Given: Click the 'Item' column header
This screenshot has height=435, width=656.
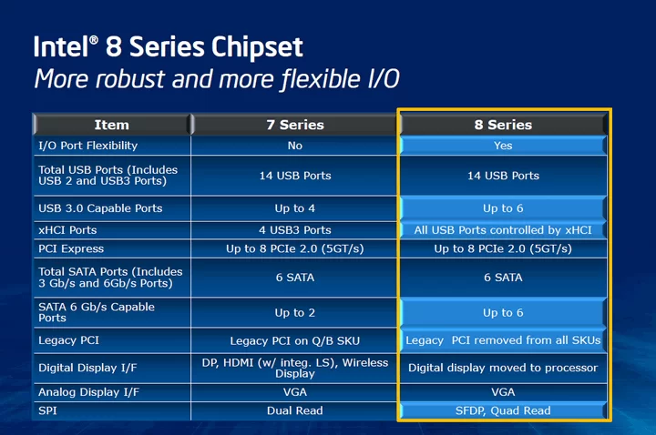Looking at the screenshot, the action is [111, 125].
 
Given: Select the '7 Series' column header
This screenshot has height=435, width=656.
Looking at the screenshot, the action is [295, 125].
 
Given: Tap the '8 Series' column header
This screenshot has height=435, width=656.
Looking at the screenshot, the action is [503, 125].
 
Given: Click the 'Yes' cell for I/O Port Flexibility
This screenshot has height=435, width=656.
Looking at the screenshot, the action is [503, 146].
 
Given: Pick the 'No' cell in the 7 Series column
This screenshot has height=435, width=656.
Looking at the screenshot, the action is [295, 146].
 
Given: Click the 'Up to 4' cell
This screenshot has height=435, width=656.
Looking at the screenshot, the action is [295, 208].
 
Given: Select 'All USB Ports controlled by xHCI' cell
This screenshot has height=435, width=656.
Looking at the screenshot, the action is [503, 230].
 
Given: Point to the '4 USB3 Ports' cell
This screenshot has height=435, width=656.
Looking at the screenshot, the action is [295, 230].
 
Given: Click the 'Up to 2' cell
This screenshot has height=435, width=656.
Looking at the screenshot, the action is [295, 312].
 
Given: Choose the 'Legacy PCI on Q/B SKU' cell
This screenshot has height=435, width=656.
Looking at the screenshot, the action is [295, 340].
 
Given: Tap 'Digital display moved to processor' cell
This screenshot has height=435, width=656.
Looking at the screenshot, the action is [503, 368].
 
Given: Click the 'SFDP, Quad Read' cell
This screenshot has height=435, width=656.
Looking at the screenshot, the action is [503, 410].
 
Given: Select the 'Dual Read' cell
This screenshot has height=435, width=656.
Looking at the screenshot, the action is [295, 410].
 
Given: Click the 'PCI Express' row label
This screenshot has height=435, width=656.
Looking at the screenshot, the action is [71, 248].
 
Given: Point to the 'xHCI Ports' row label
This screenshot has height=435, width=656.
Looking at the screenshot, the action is [67, 230].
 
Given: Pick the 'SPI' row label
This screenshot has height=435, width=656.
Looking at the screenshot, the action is [47, 410].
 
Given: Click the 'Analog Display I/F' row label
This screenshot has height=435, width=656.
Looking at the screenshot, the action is [88, 392].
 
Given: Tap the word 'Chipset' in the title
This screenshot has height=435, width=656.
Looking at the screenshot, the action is [257, 47].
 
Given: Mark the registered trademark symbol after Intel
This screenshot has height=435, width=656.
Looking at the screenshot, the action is [94, 40].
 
